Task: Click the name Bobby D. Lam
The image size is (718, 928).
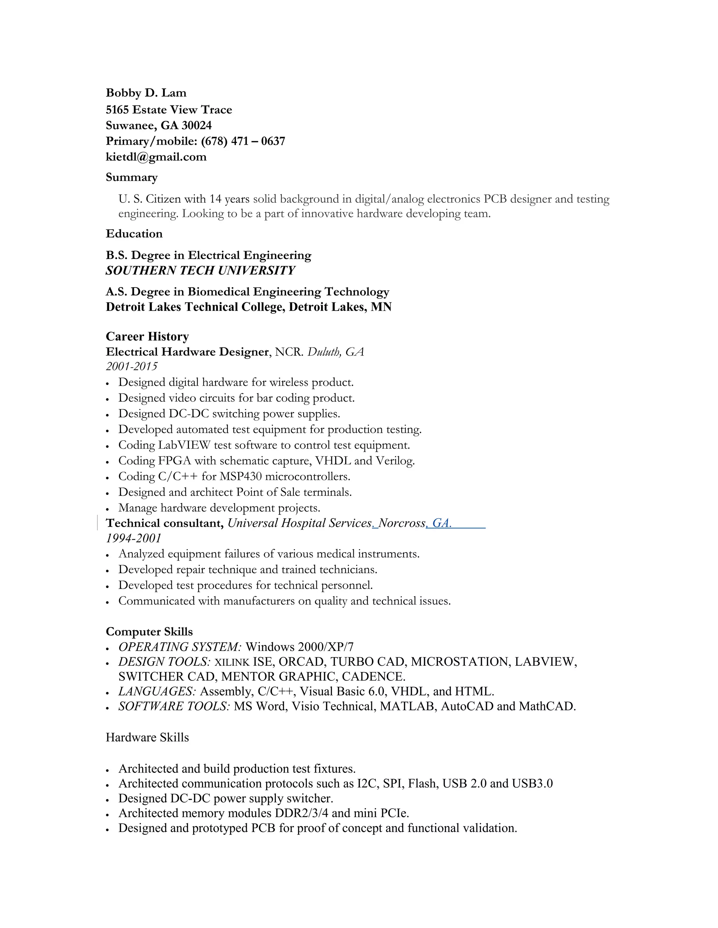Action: tap(146, 93)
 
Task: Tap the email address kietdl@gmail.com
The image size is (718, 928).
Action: tap(156, 157)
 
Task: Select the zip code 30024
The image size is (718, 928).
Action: tap(197, 125)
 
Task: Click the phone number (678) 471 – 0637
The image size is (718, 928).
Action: tap(243, 141)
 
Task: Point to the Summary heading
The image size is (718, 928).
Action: tap(131, 177)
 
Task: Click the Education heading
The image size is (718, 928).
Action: tap(134, 234)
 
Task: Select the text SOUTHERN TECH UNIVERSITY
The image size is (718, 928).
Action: tap(200, 270)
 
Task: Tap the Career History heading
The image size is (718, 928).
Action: tap(147, 336)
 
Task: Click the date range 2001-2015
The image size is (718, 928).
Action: tap(131, 366)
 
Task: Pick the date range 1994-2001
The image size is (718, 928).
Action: tap(134, 538)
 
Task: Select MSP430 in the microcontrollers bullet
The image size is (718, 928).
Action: tap(240, 476)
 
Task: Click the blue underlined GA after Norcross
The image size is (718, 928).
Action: tap(441, 523)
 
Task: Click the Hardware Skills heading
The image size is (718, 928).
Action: tap(147, 737)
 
